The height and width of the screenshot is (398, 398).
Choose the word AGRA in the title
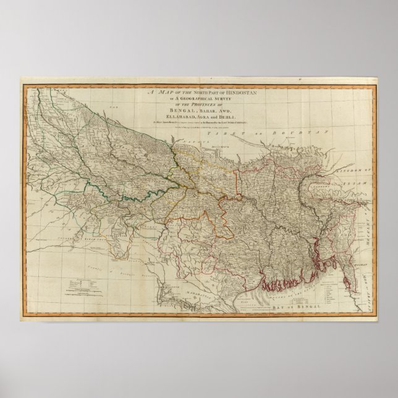(199, 117)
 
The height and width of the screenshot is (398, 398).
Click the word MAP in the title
(161, 91)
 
